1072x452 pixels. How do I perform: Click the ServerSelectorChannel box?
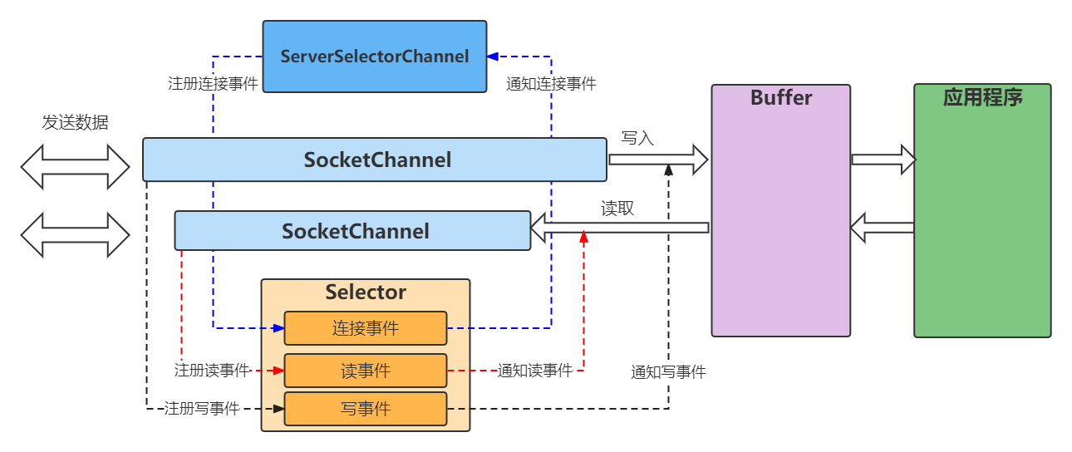(375, 56)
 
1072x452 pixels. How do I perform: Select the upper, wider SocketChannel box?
(375, 160)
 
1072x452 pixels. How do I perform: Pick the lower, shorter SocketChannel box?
(353, 230)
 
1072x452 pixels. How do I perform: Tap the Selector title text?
(366, 292)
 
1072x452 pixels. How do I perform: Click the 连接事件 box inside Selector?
(366, 328)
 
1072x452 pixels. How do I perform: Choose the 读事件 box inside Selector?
(366, 371)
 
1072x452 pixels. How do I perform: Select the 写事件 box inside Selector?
(366, 409)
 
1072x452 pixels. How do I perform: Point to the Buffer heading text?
(781, 98)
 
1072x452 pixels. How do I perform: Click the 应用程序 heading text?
(982, 98)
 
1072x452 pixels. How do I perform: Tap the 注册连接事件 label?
(214, 84)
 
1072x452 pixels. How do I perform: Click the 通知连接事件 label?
(552, 84)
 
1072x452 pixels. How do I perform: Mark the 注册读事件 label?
(212, 371)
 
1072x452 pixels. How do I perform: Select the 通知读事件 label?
(535, 371)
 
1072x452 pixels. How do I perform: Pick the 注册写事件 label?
(202, 409)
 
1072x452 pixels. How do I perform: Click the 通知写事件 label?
(668, 372)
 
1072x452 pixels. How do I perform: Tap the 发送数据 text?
(76, 123)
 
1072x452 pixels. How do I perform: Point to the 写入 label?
(637, 138)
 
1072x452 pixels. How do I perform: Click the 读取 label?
(617, 209)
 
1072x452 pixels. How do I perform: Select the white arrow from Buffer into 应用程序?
(883, 159)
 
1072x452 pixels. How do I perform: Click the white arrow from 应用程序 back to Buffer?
(883, 227)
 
